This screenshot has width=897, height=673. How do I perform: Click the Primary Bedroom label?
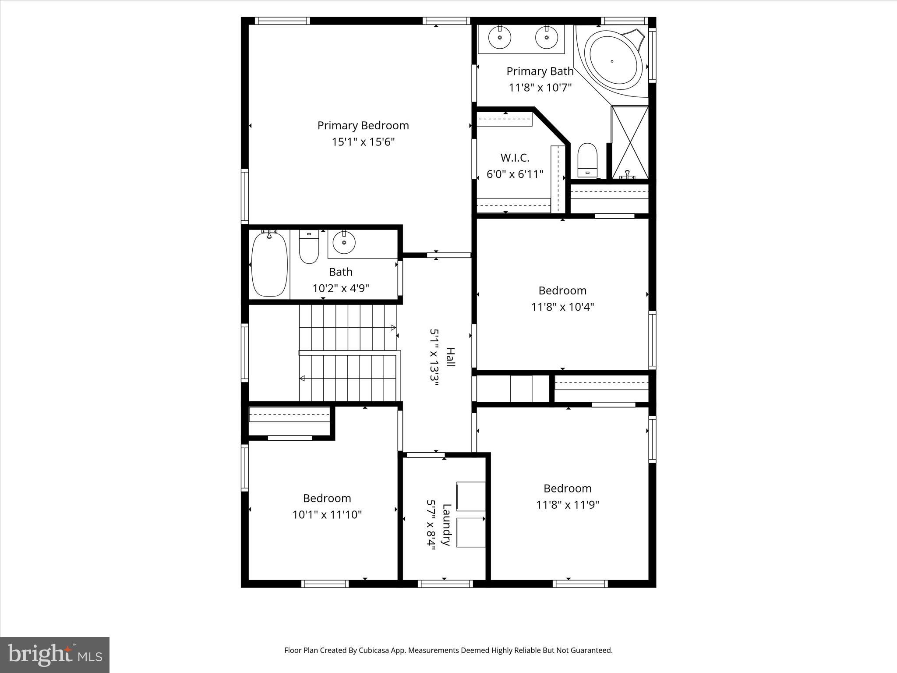click(363, 126)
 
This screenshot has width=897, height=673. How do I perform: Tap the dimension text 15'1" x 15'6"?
click(363, 142)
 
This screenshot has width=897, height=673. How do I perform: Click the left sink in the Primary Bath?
click(499, 38)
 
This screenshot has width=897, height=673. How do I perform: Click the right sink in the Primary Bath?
click(547, 38)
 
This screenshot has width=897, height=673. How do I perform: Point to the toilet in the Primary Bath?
click(587, 159)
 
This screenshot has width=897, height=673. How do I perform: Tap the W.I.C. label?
click(515, 158)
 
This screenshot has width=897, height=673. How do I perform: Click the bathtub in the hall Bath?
click(269, 264)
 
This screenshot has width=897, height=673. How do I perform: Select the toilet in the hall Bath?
click(309, 249)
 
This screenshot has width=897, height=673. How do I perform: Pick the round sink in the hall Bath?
click(344, 242)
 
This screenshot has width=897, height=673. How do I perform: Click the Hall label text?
click(450, 357)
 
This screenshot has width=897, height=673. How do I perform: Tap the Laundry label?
click(446, 525)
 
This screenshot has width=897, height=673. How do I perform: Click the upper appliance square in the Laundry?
click(471, 496)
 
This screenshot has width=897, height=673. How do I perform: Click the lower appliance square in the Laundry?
click(471, 532)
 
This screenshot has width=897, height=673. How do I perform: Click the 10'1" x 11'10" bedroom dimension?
click(327, 515)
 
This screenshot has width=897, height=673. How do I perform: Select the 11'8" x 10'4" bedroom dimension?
click(562, 307)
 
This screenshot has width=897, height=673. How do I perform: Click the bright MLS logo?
click(55, 655)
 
